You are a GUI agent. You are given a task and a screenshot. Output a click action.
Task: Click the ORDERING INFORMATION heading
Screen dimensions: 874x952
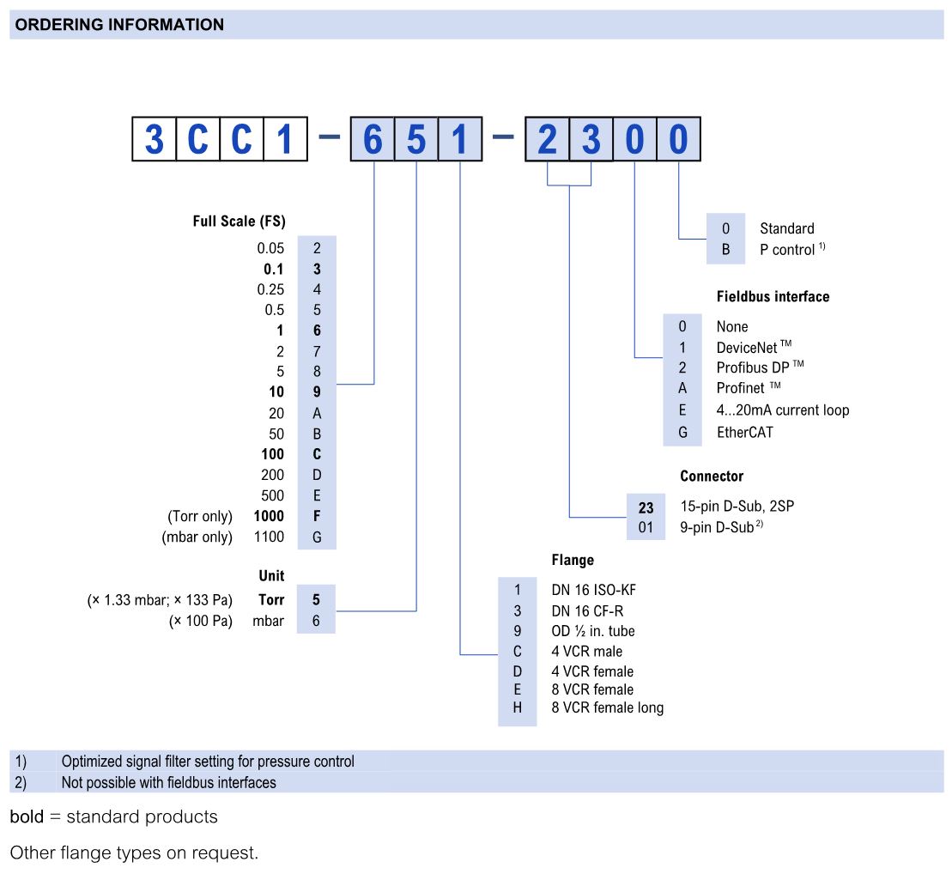coord(119,25)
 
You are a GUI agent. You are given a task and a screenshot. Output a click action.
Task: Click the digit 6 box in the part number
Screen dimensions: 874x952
coord(372,139)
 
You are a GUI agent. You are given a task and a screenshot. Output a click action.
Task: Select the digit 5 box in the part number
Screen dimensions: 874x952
coord(415,139)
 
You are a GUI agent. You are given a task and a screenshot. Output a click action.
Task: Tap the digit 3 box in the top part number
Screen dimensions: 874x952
coord(591,139)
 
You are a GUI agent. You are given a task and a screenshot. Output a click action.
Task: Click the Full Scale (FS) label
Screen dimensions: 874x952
coord(239,222)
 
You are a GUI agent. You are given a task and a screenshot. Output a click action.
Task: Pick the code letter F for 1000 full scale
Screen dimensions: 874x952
coord(317,516)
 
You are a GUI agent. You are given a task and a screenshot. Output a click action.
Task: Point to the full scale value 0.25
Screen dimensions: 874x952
coord(270,289)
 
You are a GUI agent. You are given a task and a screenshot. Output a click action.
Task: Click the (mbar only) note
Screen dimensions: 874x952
coord(197,537)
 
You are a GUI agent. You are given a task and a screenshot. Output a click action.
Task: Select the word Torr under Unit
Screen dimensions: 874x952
coord(271,599)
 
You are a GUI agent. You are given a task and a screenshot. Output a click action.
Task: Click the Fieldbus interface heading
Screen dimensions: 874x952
coord(773,296)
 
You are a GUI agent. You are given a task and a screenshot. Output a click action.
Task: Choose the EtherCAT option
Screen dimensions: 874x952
coord(744,432)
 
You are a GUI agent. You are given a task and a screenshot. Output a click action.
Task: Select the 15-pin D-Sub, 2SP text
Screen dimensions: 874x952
coord(737,506)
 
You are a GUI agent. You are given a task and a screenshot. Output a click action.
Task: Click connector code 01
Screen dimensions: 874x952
coord(646,526)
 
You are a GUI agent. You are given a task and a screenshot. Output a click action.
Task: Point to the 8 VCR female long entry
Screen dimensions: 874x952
coord(607,707)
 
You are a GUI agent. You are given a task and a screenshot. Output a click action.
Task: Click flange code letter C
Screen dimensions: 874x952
coord(518,652)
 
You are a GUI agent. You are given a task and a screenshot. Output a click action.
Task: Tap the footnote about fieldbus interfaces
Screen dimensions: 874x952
coord(168,782)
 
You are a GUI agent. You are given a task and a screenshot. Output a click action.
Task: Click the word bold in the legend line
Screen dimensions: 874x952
coord(27,816)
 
